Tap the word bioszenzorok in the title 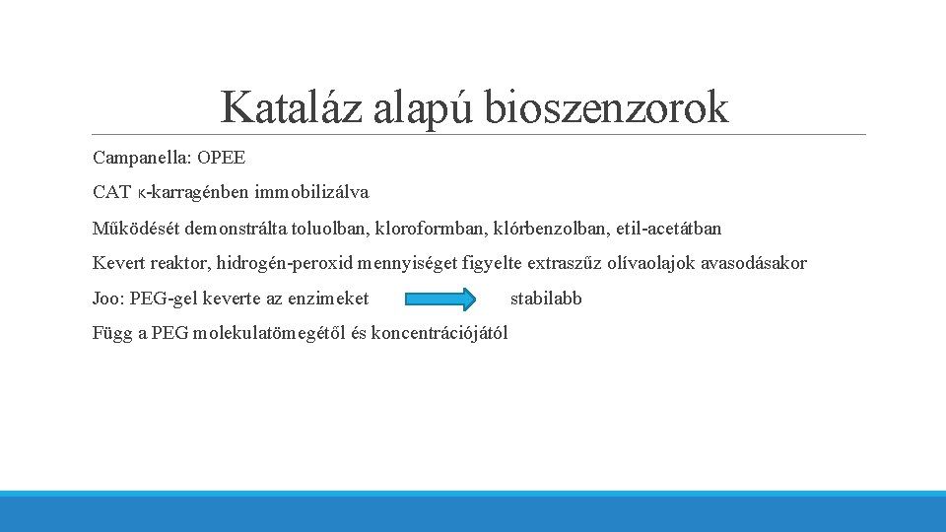(606, 106)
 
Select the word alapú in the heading (425, 106)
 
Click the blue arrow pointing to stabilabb (440, 298)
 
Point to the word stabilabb (546, 298)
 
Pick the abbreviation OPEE (222, 158)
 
